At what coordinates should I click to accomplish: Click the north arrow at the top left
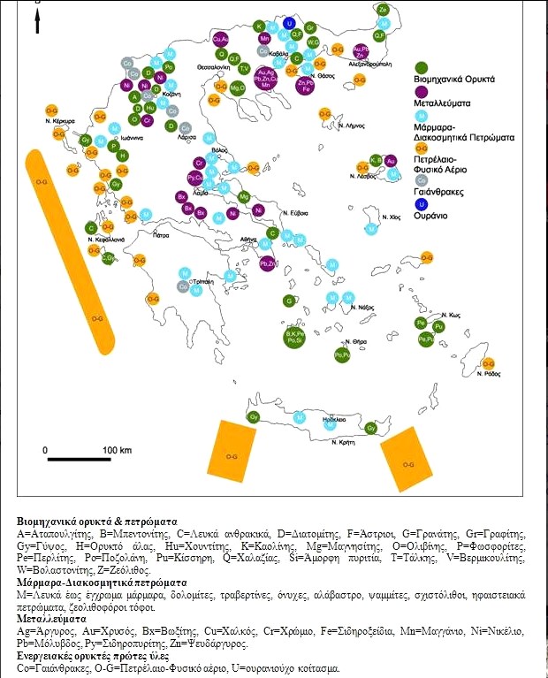(36, 19)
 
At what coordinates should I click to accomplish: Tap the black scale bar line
(79, 460)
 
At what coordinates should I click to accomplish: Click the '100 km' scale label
(117, 450)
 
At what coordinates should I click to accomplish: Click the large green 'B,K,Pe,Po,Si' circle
(295, 335)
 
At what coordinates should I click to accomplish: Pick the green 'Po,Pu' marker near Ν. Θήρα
(342, 354)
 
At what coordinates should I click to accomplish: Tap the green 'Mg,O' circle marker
(237, 88)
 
